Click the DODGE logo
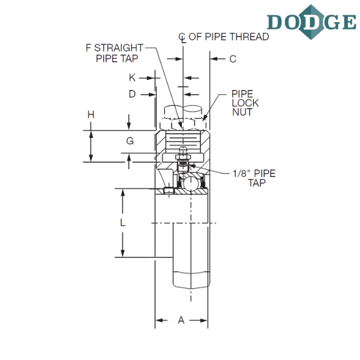click(311, 22)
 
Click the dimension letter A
click(181, 320)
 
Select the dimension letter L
click(123, 222)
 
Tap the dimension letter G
click(130, 141)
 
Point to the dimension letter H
click(91, 115)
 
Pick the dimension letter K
click(132, 77)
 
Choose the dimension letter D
click(132, 94)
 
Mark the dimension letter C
click(233, 59)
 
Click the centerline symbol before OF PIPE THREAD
click(182, 38)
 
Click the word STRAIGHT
click(119, 48)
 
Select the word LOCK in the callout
click(245, 103)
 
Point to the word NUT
click(242, 112)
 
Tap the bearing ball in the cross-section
click(191, 182)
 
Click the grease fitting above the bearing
click(183, 155)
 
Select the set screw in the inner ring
click(169, 191)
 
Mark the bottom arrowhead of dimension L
click(123, 253)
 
